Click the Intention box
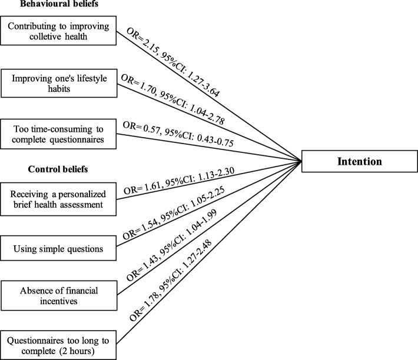tap(359, 160)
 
